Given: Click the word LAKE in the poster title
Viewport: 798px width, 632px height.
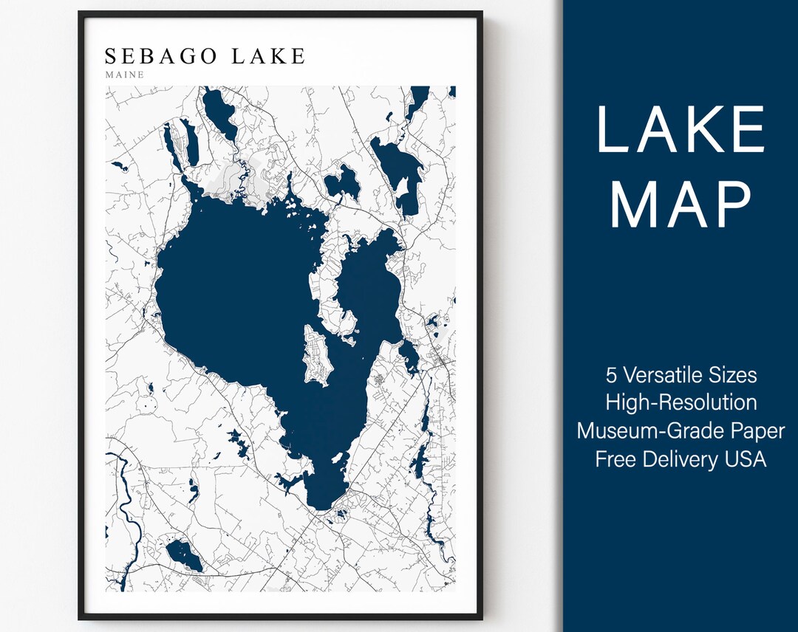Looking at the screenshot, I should point(268,56).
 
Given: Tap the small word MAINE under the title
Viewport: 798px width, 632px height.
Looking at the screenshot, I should point(124,75).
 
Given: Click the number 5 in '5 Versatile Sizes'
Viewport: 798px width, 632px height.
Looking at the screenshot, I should point(611,375).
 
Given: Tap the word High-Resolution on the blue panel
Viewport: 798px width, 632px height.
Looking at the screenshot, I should point(681,402).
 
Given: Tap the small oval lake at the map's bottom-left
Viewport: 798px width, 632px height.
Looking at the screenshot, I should point(183,555).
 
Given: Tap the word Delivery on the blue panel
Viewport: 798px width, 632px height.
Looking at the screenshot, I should point(680,458).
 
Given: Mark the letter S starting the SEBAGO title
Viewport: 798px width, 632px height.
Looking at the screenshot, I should point(111,56).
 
